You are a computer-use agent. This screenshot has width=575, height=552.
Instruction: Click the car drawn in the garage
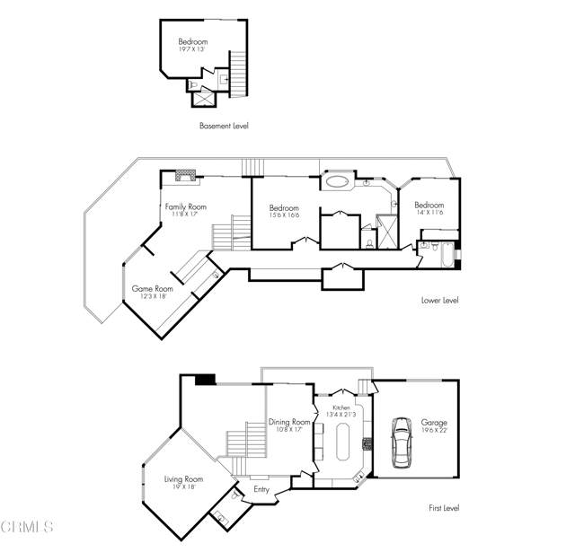pos(402,445)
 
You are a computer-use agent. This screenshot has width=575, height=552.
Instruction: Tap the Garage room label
pos(433,423)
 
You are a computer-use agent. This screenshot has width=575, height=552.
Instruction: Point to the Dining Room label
pos(289,422)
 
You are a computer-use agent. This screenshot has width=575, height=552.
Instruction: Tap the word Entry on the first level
pos(261,489)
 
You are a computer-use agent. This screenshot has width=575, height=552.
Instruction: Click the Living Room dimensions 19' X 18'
pos(183,487)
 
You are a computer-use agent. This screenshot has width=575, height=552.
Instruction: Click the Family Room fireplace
pos(186,175)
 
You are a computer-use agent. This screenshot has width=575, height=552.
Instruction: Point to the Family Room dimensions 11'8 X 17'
pos(185,215)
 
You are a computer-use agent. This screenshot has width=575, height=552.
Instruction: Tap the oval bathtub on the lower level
pos(339,182)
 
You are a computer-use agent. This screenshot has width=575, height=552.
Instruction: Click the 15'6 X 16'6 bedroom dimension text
pos(284,215)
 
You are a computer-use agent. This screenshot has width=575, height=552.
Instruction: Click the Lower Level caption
pos(440,301)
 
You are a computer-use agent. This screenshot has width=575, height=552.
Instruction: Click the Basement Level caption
pos(224,126)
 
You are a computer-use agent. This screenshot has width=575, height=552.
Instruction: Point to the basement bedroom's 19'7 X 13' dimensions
pos(192,50)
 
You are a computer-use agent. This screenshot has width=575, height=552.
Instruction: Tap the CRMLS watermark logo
pos(27,527)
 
